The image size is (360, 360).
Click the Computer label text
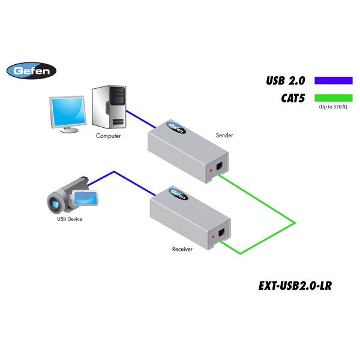pyautogui.click(x=109, y=136)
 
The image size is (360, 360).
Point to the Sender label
pyautogui.click(x=224, y=136)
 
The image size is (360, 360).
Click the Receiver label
pyautogui.click(x=182, y=248)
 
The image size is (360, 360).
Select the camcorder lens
pyautogui.click(x=55, y=203)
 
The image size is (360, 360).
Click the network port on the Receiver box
pyautogui.click(x=224, y=233)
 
